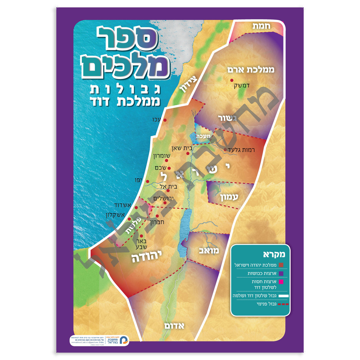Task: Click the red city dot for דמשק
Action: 232,80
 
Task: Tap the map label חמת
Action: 261,26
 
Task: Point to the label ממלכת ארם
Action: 251,69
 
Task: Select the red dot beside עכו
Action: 165,120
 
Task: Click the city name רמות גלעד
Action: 241,150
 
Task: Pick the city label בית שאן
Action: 182,148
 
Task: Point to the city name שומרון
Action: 162,156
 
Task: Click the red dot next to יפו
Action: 147,181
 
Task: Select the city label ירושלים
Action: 163,199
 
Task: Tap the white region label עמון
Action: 229,197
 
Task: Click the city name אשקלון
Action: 115,215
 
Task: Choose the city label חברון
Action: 157,222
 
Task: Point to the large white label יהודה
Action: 147,256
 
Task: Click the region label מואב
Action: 209,251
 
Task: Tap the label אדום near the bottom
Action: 174,326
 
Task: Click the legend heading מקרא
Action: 274,254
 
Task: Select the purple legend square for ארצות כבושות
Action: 281,273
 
